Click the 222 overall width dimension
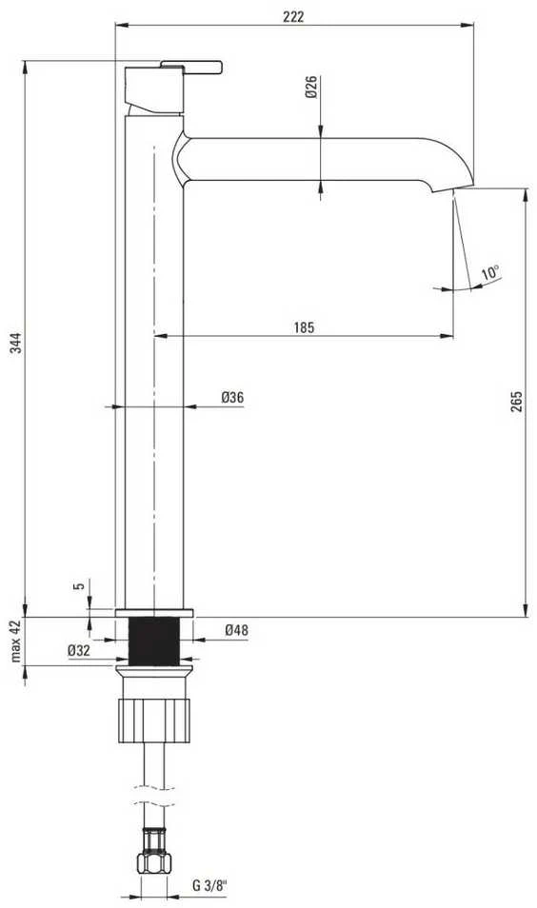point(293,16)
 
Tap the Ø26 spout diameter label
point(311,87)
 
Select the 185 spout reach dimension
point(304,327)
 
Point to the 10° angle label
point(490,272)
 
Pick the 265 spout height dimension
point(517,402)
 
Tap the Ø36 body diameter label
point(232,397)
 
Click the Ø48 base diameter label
point(236,629)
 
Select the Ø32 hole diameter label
point(79,650)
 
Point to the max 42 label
point(15,641)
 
